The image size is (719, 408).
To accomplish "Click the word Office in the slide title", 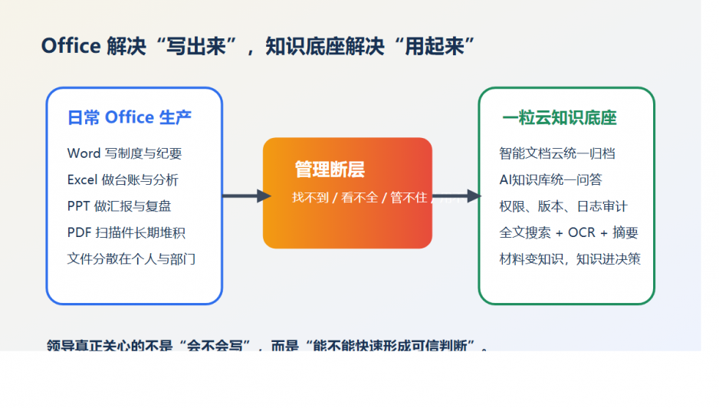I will (71, 46).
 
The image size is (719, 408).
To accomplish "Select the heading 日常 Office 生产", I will (130, 117).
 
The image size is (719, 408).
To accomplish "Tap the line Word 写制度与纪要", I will (124, 153).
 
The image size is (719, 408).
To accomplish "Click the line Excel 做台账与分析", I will (123, 180).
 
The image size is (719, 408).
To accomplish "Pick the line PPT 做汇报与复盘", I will (119, 206).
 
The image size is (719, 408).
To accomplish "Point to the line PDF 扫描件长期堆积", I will (126, 232).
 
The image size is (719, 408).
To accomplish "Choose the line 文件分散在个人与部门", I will (131, 258).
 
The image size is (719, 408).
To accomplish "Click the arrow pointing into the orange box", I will (245, 196).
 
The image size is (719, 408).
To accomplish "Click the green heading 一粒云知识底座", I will (560, 117).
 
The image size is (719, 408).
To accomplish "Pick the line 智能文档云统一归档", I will (557, 153).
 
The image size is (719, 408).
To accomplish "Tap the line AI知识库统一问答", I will (550, 180).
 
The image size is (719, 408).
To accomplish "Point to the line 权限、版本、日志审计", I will (563, 206).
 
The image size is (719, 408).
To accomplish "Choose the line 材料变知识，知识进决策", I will (570, 258).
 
